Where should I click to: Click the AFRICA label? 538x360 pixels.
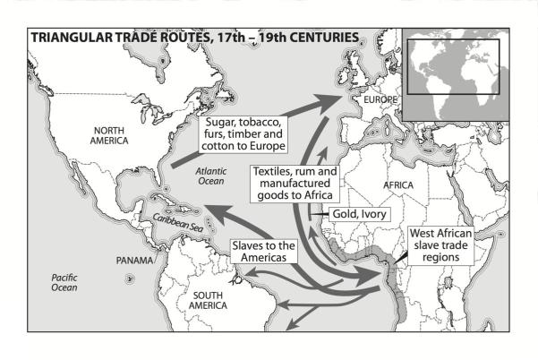[399, 184]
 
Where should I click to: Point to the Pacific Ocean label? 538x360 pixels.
[63, 283]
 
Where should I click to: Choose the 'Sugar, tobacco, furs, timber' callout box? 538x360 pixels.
[243, 133]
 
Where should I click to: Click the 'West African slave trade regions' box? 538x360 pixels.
[440, 244]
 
